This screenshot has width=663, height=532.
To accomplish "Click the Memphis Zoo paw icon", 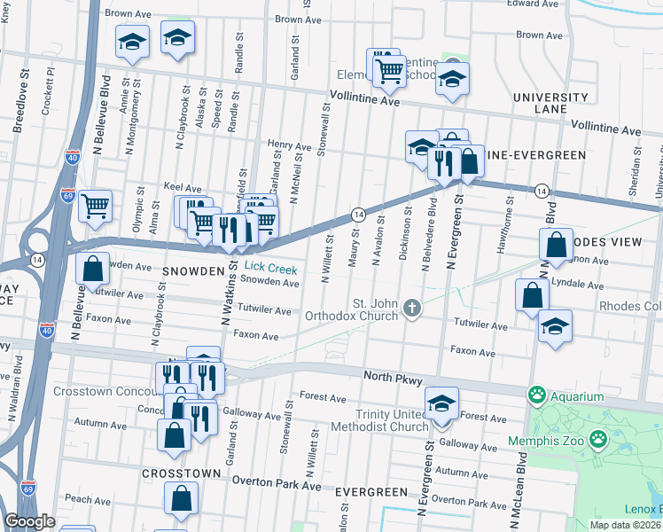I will [x=599, y=438].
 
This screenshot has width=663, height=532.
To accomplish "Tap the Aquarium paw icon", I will [x=535, y=394].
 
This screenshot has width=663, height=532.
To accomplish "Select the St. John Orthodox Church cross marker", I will [x=410, y=308].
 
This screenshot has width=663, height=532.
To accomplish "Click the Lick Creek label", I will [x=270, y=266].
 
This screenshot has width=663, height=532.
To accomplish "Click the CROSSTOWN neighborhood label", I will [x=182, y=473].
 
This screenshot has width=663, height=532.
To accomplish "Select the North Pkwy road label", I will [x=392, y=377].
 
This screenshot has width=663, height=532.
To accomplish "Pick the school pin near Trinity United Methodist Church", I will [x=441, y=404].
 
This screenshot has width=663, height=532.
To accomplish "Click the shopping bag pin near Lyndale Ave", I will [x=531, y=295].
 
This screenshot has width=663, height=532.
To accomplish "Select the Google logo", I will [x=29, y=521].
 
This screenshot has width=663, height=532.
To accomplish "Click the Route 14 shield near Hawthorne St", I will [x=540, y=191].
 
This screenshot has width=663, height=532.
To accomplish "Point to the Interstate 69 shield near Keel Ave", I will [x=67, y=193].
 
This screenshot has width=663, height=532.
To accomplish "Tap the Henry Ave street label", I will [x=290, y=145].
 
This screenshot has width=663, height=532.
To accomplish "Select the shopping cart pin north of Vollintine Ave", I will [x=388, y=67].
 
